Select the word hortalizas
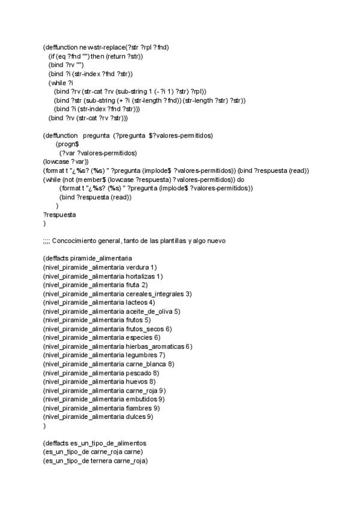(140, 276)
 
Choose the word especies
(138, 337)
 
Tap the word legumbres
(141, 355)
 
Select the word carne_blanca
(146, 364)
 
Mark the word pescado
(138, 373)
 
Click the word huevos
(136, 381)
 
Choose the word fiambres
(139, 408)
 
